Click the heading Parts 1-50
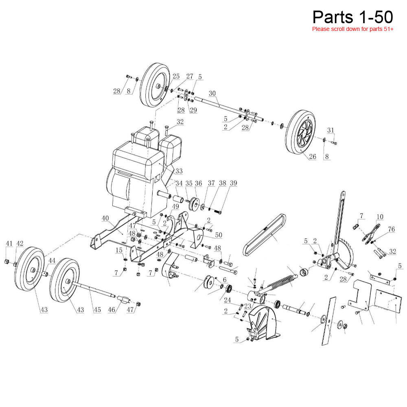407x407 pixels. [352, 17]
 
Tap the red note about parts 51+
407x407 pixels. [352, 29]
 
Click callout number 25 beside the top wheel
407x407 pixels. [176, 77]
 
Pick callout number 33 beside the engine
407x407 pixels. [179, 171]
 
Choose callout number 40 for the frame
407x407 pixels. [105, 219]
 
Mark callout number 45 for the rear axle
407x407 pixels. [97, 310]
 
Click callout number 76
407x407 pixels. [392, 230]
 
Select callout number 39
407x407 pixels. [233, 184]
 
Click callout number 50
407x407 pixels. [219, 236]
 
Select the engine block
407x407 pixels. [138, 171]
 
